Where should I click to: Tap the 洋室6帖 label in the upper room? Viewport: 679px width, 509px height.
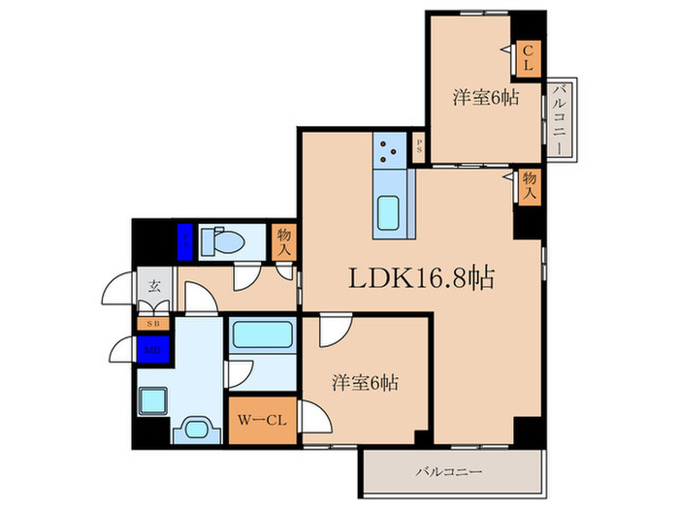484,97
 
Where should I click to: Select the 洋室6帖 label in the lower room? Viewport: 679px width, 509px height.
364,381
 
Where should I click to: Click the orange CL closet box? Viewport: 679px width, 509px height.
527,58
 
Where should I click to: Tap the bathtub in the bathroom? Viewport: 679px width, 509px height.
262,335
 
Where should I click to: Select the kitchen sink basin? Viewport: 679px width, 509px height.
392,211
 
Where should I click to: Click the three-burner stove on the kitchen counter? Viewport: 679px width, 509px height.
392,150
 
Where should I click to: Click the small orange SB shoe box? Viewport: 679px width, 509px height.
153,323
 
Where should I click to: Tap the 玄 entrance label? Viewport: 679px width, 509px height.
154,287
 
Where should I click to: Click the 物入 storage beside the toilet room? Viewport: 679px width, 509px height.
284,241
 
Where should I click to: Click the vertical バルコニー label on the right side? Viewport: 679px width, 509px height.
560,118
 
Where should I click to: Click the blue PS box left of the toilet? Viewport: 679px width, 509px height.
184,239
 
